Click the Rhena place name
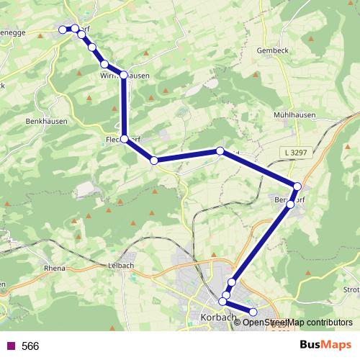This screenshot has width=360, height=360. pyautogui.click(x=55, y=268)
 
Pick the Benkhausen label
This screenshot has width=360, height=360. pyautogui.click(x=46, y=122)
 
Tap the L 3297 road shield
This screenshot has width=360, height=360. pyautogui.click(x=295, y=153)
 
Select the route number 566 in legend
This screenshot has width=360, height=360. pyautogui.click(x=30, y=346)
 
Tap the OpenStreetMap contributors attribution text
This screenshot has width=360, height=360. pyautogui.click(x=297, y=322)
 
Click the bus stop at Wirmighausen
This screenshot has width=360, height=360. pyautogui.click(x=123, y=75)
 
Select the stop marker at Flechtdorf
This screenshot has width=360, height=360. pyautogui.click(x=125, y=139)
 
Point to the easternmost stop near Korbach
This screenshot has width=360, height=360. pyautogui.click(x=253, y=312)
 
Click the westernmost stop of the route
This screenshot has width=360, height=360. pyautogui.click(x=63, y=30)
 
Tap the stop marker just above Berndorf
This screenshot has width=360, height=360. pyautogui.click(x=297, y=186)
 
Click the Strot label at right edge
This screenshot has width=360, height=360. pyautogui.click(x=351, y=290)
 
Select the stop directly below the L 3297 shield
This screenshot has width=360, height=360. pyautogui.click(x=297, y=186)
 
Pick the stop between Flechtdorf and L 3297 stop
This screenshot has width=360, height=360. pyautogui.click(x=153, y=161)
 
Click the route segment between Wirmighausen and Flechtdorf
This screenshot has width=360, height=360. pyautogui.click(x=124, y=108)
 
